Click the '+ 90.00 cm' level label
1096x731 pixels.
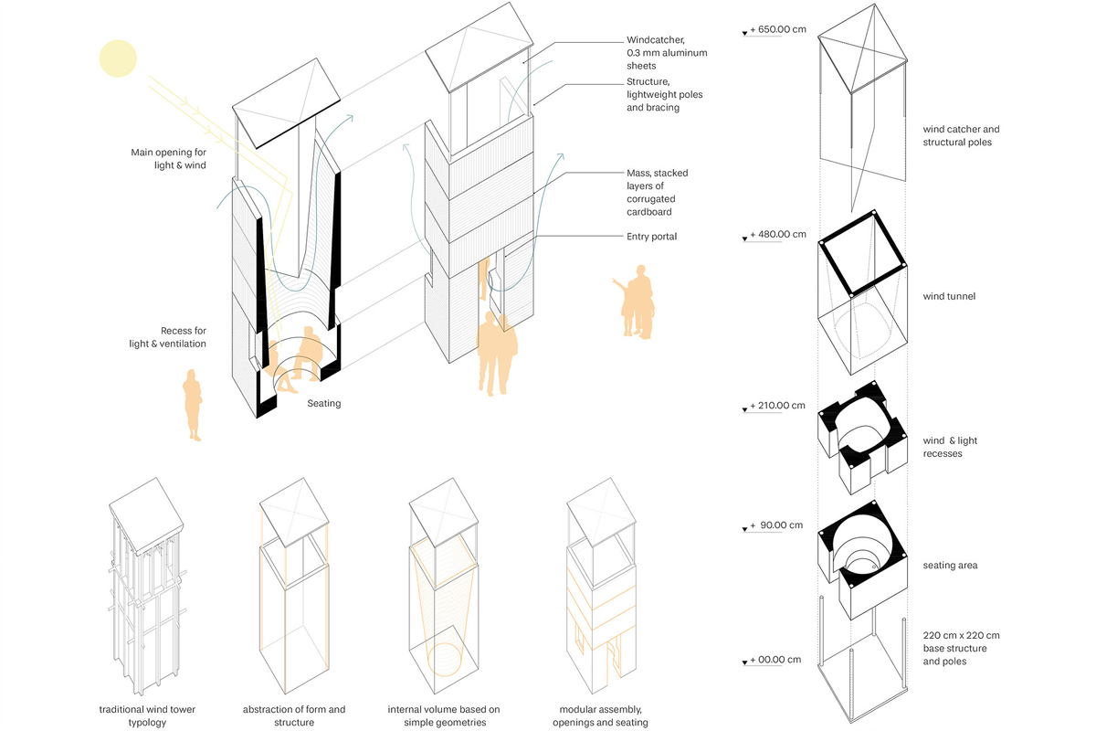[779, 525]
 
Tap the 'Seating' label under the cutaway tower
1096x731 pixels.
[323, 403]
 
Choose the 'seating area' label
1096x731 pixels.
[950, 566]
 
